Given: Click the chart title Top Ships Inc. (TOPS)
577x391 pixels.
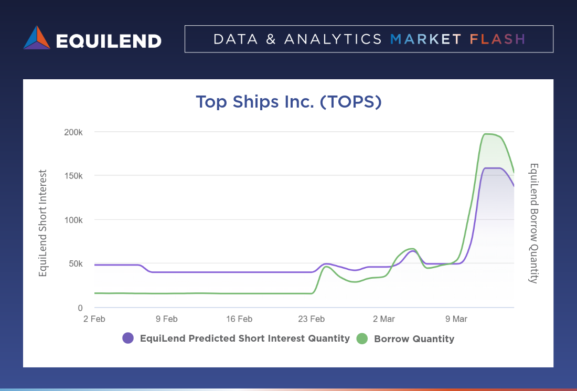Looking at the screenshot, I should click(288, 102).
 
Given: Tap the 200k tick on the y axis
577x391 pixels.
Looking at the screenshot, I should click(74, 132).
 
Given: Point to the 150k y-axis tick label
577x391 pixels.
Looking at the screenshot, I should click(74, 176).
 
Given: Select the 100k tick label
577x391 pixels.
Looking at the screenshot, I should click(74, 220).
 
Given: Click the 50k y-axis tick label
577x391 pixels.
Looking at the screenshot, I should click(76, 263).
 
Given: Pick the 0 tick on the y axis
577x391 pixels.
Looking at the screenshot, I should click(80, 308).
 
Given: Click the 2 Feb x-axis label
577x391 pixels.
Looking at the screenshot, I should click(94, 319).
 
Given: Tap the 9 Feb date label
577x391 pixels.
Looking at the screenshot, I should click(166, 319).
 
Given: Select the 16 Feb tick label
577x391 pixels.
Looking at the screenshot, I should click(239, 319).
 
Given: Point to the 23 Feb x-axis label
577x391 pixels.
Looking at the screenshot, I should click(311, 319).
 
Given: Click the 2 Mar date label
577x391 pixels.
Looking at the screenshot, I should click(384, 319).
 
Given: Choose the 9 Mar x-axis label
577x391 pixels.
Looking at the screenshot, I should click(456, 319).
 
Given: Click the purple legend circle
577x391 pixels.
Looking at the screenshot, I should click(128, 339).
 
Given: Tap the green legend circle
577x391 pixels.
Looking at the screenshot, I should click(362, 339).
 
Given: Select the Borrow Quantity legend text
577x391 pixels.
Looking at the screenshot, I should click(414, 339).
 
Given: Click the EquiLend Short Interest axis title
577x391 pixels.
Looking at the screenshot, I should click(43, 223).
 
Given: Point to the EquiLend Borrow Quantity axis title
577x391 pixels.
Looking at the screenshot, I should click(533, 223).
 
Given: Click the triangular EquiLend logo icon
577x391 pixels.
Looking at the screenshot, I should click(37, 38).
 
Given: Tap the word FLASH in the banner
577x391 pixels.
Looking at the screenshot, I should click(497, 39).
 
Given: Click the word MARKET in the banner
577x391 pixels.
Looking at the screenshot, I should click(425, 39).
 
